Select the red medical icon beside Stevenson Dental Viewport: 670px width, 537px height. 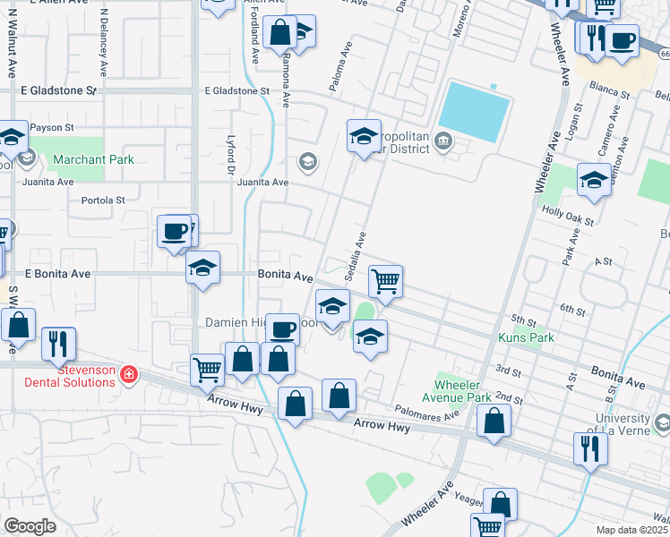pos(129,373)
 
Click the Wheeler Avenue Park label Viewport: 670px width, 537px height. pos(457,391)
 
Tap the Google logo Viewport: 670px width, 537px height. pos(30,526)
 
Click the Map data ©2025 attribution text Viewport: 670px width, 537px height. pos(632,530)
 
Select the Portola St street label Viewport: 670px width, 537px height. pos(103,200)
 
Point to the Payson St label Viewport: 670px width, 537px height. pos(50,127)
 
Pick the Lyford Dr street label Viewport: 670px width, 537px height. pos(230,159)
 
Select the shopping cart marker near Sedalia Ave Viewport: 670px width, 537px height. pos(385,281)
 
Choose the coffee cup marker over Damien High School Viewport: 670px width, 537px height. pos(284,329)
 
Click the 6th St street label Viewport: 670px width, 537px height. pos(572,309)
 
